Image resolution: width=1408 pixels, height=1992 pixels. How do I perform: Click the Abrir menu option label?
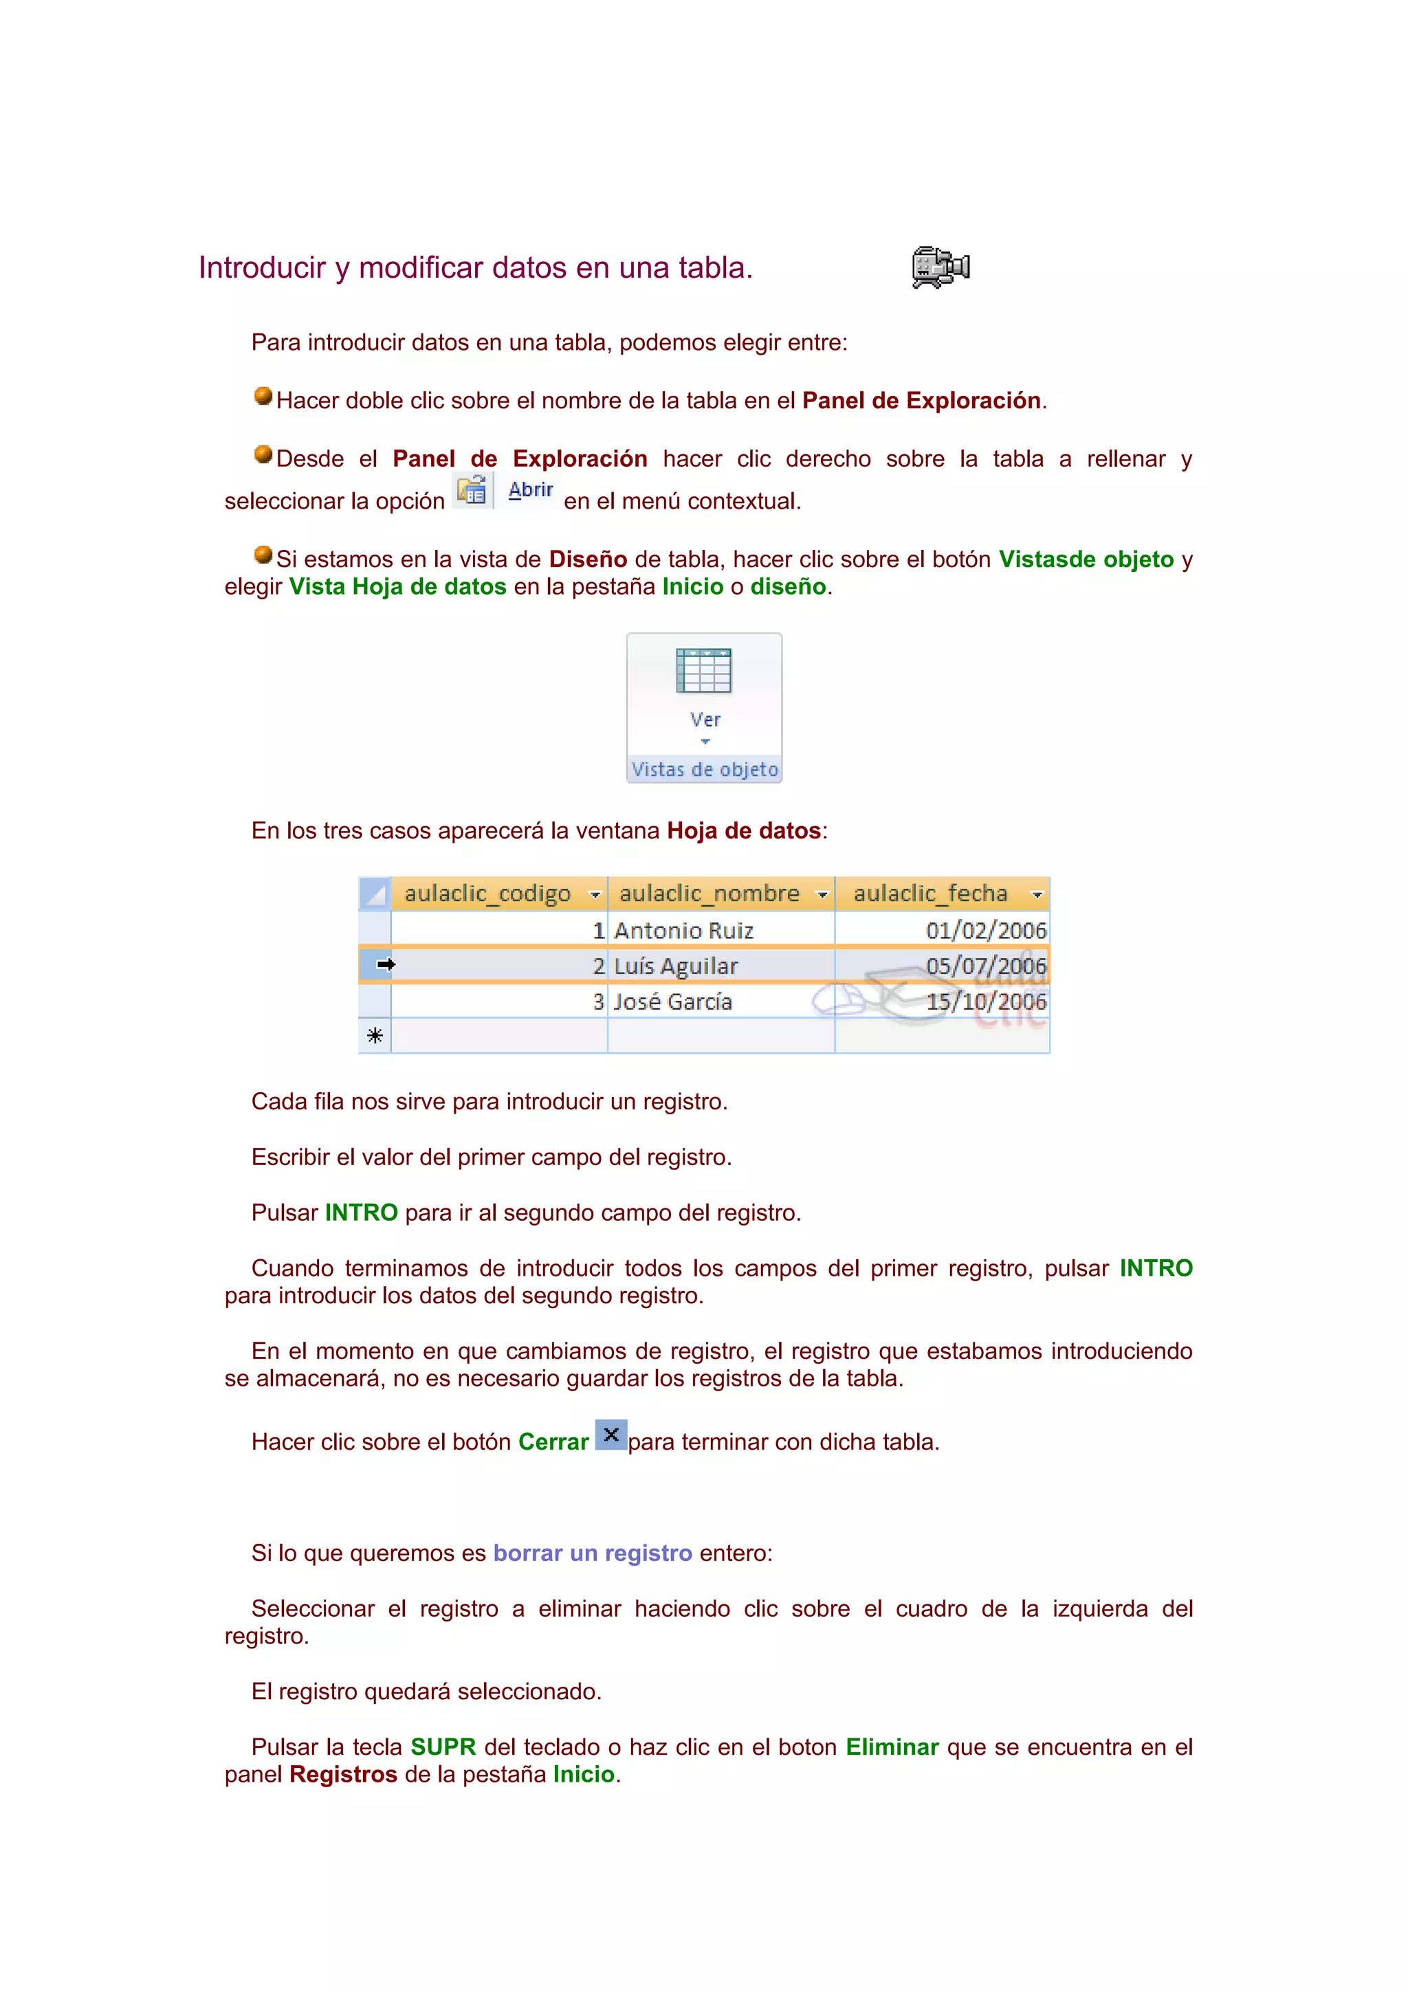[x=530, y=489]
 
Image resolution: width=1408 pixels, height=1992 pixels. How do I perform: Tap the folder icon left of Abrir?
[x=472, y=490]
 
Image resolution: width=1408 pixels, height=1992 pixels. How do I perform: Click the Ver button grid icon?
[x=703, y=671]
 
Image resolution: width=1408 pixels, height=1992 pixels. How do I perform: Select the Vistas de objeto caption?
[x=705, y=770]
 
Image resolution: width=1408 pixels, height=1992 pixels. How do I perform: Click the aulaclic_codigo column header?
[x=487, y=894]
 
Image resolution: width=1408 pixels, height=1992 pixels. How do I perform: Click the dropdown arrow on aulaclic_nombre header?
[x=822, y=894]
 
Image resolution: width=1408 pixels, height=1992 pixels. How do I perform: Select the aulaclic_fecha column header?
[x=930, y=894]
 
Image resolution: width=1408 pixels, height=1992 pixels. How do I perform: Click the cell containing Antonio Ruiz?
[x=683, y=931]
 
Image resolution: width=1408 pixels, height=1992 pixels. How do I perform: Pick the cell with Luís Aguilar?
[x=676, y=966]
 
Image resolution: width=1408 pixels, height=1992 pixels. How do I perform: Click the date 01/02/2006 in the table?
[x=985, y=931]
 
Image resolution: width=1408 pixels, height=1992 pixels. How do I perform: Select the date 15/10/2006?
[x=985, y=1002]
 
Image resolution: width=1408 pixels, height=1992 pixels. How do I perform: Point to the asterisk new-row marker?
[x=375, y=1036]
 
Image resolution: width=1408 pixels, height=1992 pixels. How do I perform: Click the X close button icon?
[x=610, y=1435]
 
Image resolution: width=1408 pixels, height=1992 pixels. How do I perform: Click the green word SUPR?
[x=443, y=1747]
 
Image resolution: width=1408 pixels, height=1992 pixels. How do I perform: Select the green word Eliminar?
[x=892, y=1747]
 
